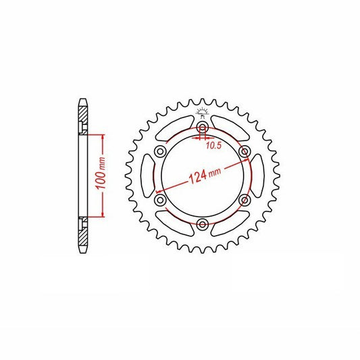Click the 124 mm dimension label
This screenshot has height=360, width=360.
(x=205, y=175)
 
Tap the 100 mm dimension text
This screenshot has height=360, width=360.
(x=101, y=174)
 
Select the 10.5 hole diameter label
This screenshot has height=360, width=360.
(x=213, y=145)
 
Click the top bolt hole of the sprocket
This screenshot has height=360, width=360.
(x=202, y=127)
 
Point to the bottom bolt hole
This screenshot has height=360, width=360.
(x=202, y=224)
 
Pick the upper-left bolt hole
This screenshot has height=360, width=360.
(x=160, y=151)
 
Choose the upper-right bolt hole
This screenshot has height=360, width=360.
(x=245, y=151)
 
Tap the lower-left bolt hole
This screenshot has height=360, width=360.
(x=160, y=199)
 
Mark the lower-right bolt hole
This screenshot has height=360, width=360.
(x=245, y=199)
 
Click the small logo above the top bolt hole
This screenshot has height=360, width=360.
(x=202, y=113)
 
